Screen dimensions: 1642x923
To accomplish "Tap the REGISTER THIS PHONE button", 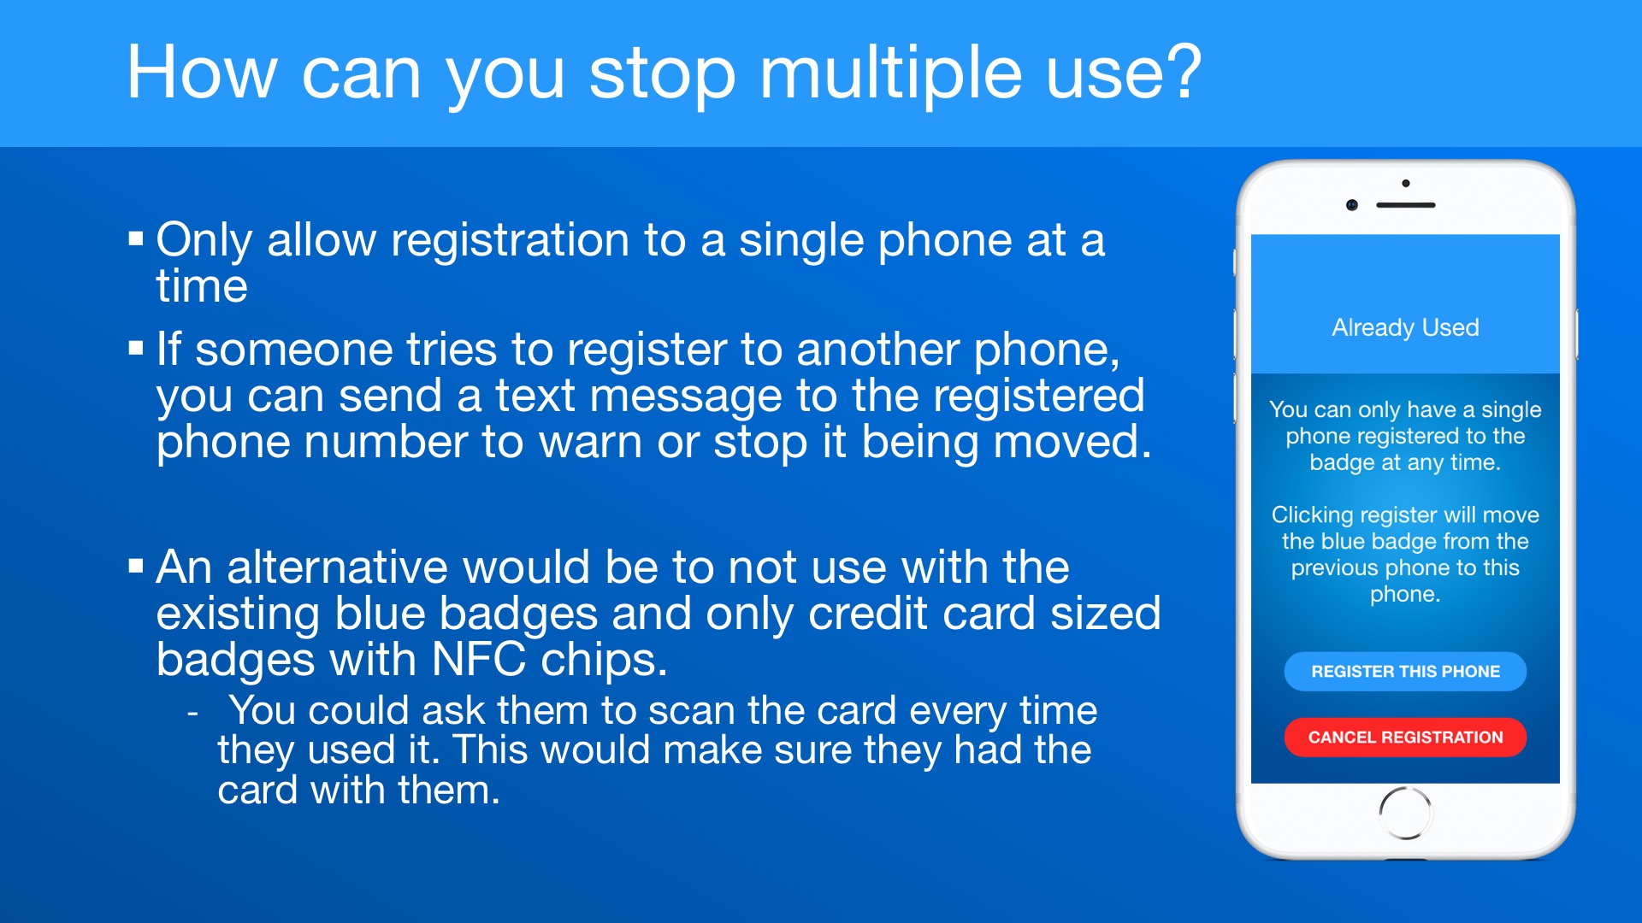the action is coord(1405,672).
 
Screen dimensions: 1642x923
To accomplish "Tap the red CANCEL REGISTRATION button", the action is coord(1405,738).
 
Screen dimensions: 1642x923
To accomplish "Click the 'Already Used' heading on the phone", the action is coord(1405,327).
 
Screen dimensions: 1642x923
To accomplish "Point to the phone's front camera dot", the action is coord(1352,205).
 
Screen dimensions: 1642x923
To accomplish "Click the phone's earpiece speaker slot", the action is coord(1406,205).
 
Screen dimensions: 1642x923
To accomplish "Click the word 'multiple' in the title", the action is coord(890,73).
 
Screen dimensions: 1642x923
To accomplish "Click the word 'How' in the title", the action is coord(202,73).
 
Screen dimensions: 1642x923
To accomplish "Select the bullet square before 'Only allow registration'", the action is coord(136,238).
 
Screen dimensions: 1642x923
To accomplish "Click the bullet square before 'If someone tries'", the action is coord(136,349).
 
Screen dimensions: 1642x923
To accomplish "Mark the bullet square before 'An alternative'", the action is coord(136,566).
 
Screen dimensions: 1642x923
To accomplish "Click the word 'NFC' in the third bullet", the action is coord(479,660).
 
